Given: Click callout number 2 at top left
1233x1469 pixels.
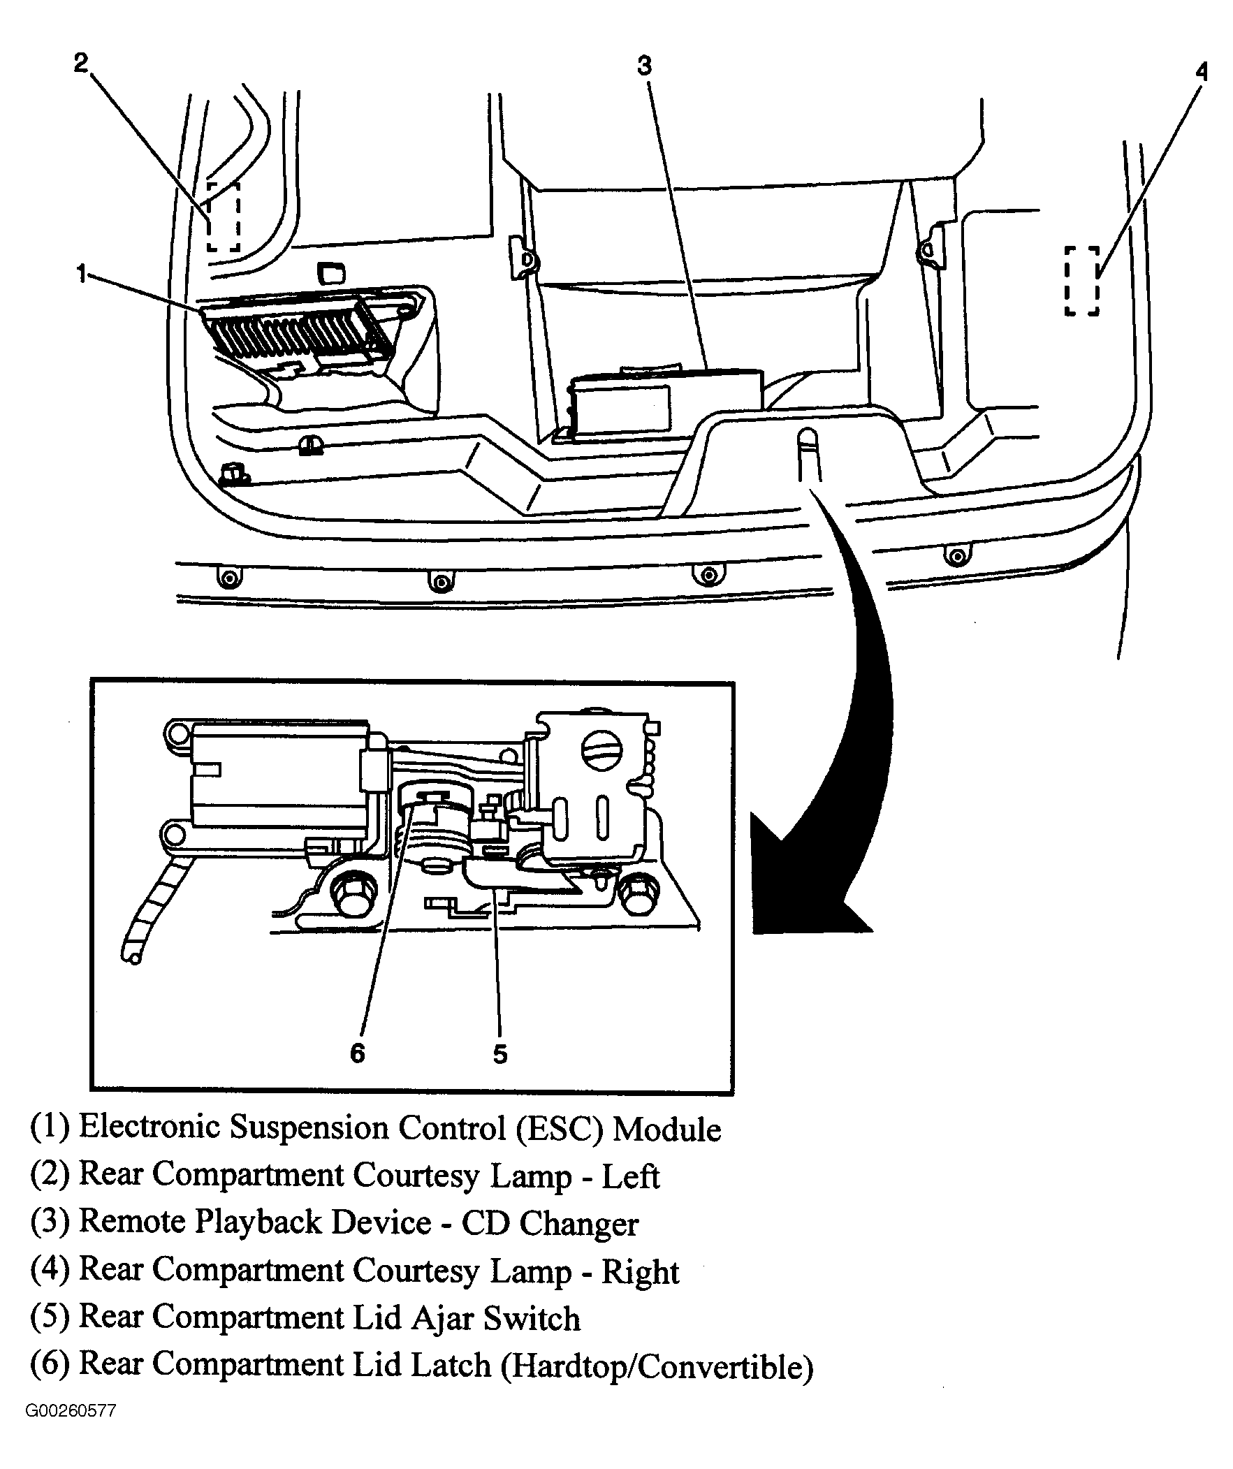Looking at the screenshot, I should (81, 63).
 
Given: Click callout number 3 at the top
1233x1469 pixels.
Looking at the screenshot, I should (644, 66).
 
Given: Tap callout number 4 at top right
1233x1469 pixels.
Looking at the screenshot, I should (1201, 71).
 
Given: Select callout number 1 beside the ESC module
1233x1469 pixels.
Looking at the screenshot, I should (82, 274).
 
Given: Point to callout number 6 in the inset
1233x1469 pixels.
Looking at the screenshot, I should (357, 1053).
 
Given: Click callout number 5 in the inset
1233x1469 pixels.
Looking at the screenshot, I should (499, 1053).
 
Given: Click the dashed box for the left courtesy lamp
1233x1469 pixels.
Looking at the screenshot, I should (224, 217).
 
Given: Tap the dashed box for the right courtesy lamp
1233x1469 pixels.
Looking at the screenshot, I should (1081, 281).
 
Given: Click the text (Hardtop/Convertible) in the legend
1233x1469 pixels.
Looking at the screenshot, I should (657, 1366).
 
